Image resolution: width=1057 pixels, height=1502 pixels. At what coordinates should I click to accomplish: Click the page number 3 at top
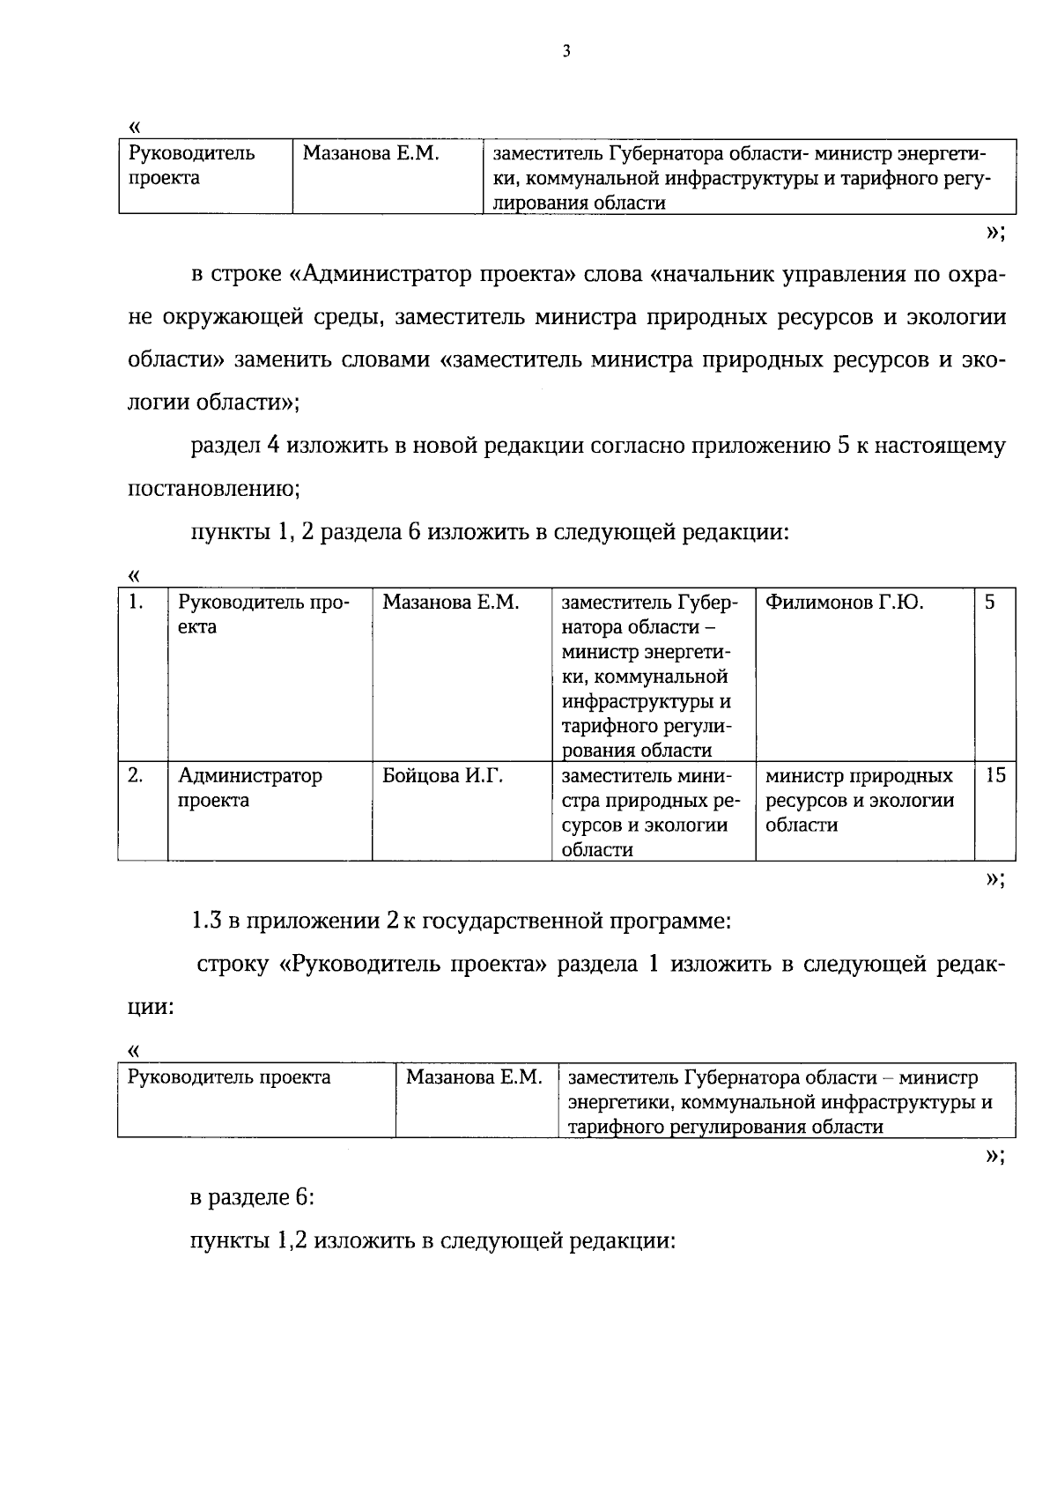tap(566, 52)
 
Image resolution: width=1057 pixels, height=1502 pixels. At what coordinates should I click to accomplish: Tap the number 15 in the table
tap(994, 776)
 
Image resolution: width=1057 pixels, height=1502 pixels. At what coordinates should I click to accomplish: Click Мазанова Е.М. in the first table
tap(370, 154)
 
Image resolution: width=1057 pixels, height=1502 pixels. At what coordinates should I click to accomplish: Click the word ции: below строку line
tap(150, 1007)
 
